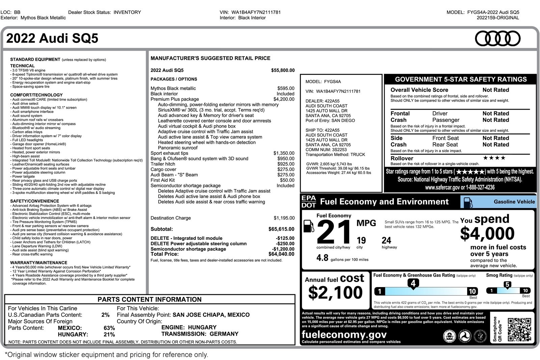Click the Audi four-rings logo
497,38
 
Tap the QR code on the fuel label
519,329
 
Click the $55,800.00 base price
282,71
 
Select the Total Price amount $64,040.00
281,254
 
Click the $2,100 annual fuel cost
335,293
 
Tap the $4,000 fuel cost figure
487,233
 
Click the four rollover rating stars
494,158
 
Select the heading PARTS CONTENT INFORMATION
150,300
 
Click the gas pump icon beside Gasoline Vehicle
468,202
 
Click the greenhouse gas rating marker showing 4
413,284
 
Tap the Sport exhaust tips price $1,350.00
283,153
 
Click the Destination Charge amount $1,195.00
284,218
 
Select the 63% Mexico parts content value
109,328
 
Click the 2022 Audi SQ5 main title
52,38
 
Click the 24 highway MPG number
386,241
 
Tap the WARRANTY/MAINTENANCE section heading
38,262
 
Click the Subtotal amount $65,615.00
281,229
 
